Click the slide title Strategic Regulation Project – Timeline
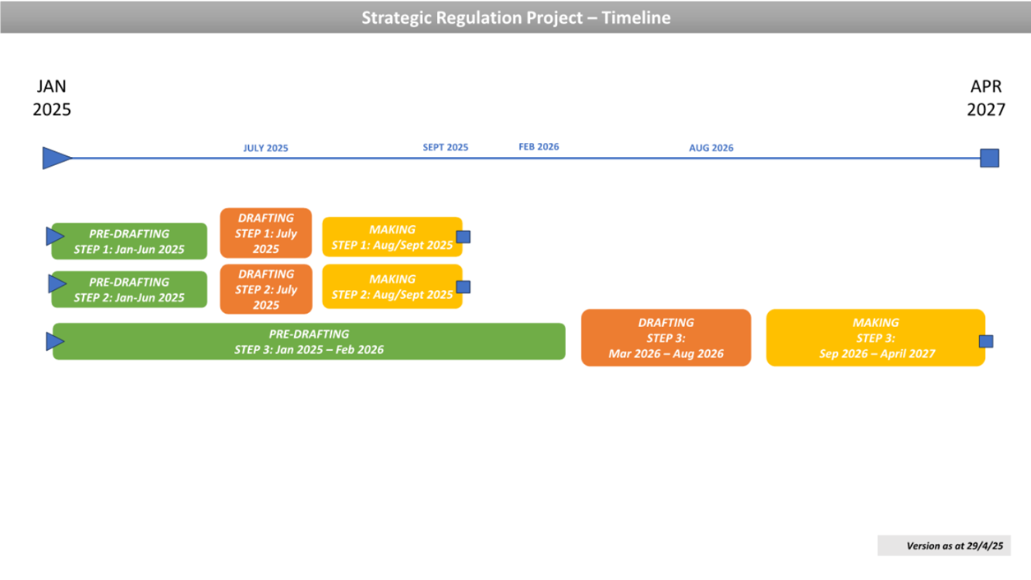(516, 17)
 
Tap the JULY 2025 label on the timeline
(265, 148)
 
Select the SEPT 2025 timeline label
(445, 147)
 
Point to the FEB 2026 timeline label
(539, 146)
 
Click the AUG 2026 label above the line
(711, 148)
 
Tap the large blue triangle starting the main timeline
(56, 158)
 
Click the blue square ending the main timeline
(990, 158)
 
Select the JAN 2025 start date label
(52, 98)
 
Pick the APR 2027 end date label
(986, 98)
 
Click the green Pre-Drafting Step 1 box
(129, 242)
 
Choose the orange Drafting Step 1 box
(266, 233)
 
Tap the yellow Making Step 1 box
(392, 237)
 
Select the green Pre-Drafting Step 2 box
(129, 289)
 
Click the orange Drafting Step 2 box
(266, 289)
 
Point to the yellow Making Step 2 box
(392, 287)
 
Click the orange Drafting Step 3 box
(666, 338)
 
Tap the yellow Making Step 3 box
(876, 338)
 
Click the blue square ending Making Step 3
(986, 341)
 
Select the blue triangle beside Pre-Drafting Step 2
(57, 283)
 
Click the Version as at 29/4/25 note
(944, 545)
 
